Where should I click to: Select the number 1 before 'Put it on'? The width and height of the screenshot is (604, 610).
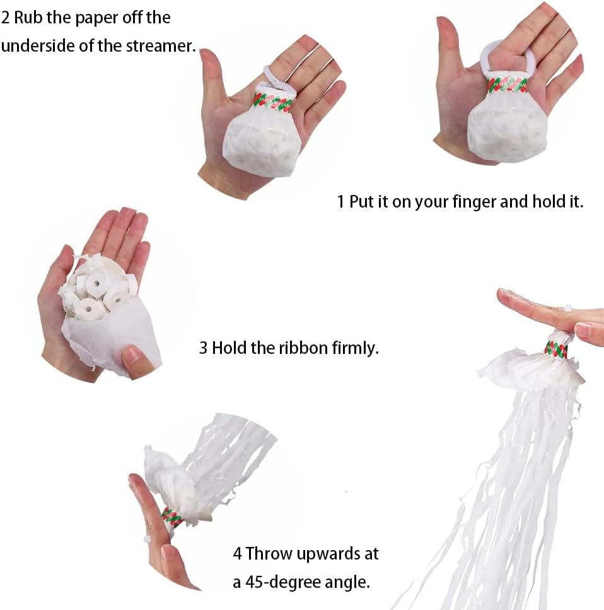click(x=340, y=202)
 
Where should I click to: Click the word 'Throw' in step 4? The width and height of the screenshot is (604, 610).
click(x=269, y=554)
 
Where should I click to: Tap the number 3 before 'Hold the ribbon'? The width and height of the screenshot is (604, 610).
click(x=203, y=348)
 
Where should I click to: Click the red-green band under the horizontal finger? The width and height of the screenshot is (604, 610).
click(x=556, y=349)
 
